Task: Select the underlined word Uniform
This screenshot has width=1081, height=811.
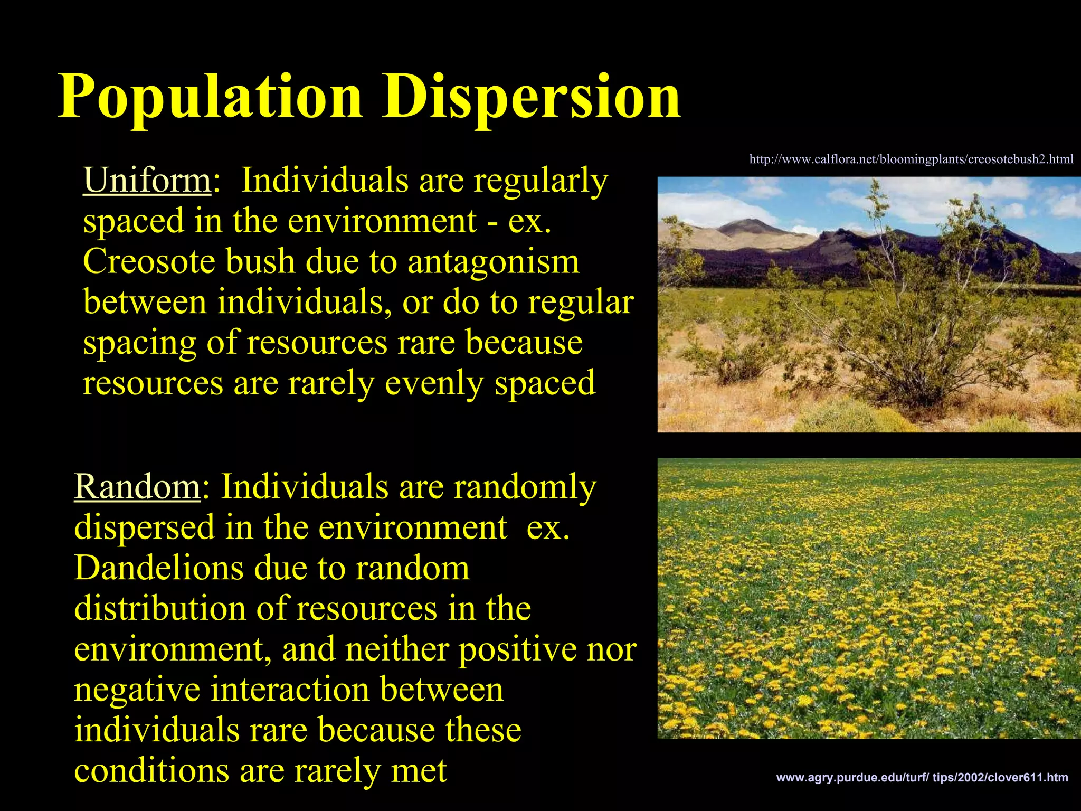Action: point(147,181)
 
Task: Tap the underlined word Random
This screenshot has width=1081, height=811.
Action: point(137,486)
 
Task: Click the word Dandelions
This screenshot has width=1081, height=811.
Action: point(158,568)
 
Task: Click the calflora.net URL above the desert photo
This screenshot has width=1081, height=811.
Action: point(911,159)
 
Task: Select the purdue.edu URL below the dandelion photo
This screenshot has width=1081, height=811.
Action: point(922,778)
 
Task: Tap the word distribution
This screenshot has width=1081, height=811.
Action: point(160,608)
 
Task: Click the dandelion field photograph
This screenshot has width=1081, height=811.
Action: point(869,598)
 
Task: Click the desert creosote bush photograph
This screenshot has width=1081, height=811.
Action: point(869,305)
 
